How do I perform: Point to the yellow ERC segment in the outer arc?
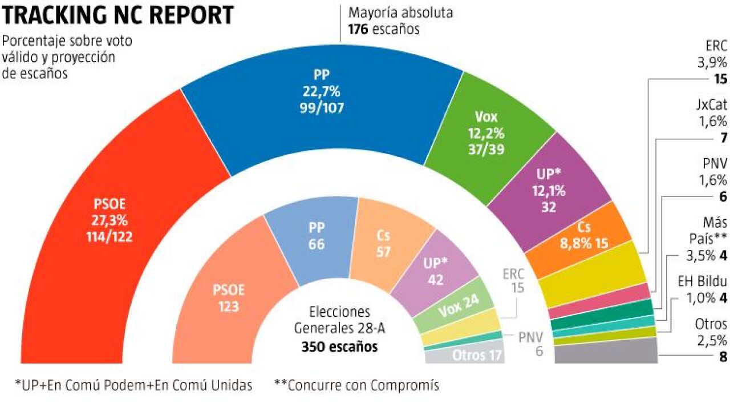click(593, 274)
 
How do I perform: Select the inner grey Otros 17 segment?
click(465, 356)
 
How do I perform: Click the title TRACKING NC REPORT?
click(118, 15)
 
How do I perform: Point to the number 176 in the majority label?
click(358, 28)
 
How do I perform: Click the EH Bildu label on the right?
click(702, 281)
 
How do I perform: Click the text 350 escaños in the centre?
click(340, 346)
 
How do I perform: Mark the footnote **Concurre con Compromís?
click(356, 385)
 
